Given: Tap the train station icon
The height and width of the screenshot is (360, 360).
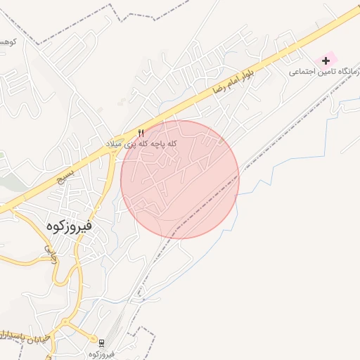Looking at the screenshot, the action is point(103,342).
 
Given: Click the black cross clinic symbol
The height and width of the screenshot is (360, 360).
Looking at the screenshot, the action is point(325,61).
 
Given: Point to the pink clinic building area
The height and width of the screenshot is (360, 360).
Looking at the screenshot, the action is point(328,58).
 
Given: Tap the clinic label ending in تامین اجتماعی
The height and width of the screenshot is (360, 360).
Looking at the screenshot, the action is point(325,72).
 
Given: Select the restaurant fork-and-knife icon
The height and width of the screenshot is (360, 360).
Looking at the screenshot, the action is point(141,133).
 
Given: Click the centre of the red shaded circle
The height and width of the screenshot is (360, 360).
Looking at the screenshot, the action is point(180,179).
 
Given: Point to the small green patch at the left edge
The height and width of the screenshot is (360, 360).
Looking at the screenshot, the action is point(2,155).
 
